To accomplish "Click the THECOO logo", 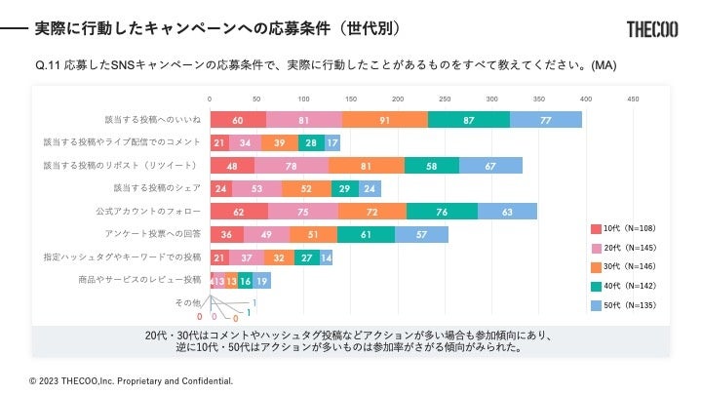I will point(654,29).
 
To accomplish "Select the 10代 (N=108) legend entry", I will point(623,229).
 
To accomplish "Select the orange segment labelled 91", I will point(384,119).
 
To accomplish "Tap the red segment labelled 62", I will point(239,211).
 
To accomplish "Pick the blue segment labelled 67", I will point(490,165).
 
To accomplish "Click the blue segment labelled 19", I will point(261,280).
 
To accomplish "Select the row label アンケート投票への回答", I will point(153,234).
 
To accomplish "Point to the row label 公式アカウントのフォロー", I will point(148,211).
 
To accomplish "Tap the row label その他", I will point(186,302).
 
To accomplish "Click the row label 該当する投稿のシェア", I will point(157,188).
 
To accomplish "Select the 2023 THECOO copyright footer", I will point(131,380).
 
